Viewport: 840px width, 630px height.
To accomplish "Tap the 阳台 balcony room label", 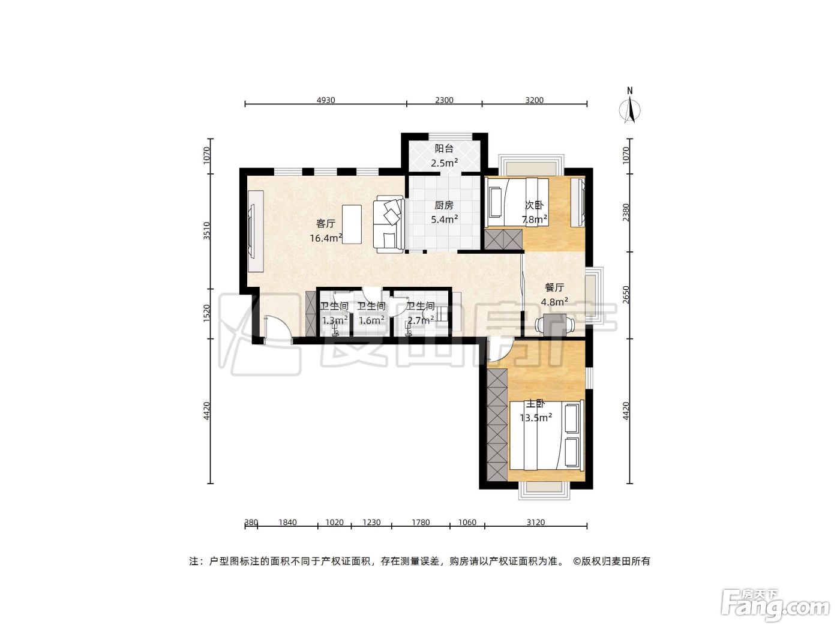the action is pos(444,148).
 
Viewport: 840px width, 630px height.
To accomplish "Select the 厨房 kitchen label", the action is pos(444,205).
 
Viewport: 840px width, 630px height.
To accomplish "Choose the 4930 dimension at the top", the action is pos(326,100).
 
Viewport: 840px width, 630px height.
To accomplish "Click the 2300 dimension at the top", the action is pos(445,100).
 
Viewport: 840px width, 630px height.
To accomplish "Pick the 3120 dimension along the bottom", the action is pos(535,522).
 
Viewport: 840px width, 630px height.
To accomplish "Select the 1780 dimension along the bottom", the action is pos(421,522).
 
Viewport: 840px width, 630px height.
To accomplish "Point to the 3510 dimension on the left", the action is pos(206,230).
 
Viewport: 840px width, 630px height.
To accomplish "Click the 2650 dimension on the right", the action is pos(626,295).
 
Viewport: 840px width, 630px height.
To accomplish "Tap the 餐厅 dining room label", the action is pos(554,287).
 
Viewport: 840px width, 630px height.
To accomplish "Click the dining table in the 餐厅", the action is pos(555,325).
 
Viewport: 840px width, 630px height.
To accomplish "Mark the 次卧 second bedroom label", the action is pos(534,205).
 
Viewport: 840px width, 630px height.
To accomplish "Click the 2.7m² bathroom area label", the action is pos(420,320).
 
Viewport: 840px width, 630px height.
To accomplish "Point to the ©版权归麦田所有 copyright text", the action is pos(611,561).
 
